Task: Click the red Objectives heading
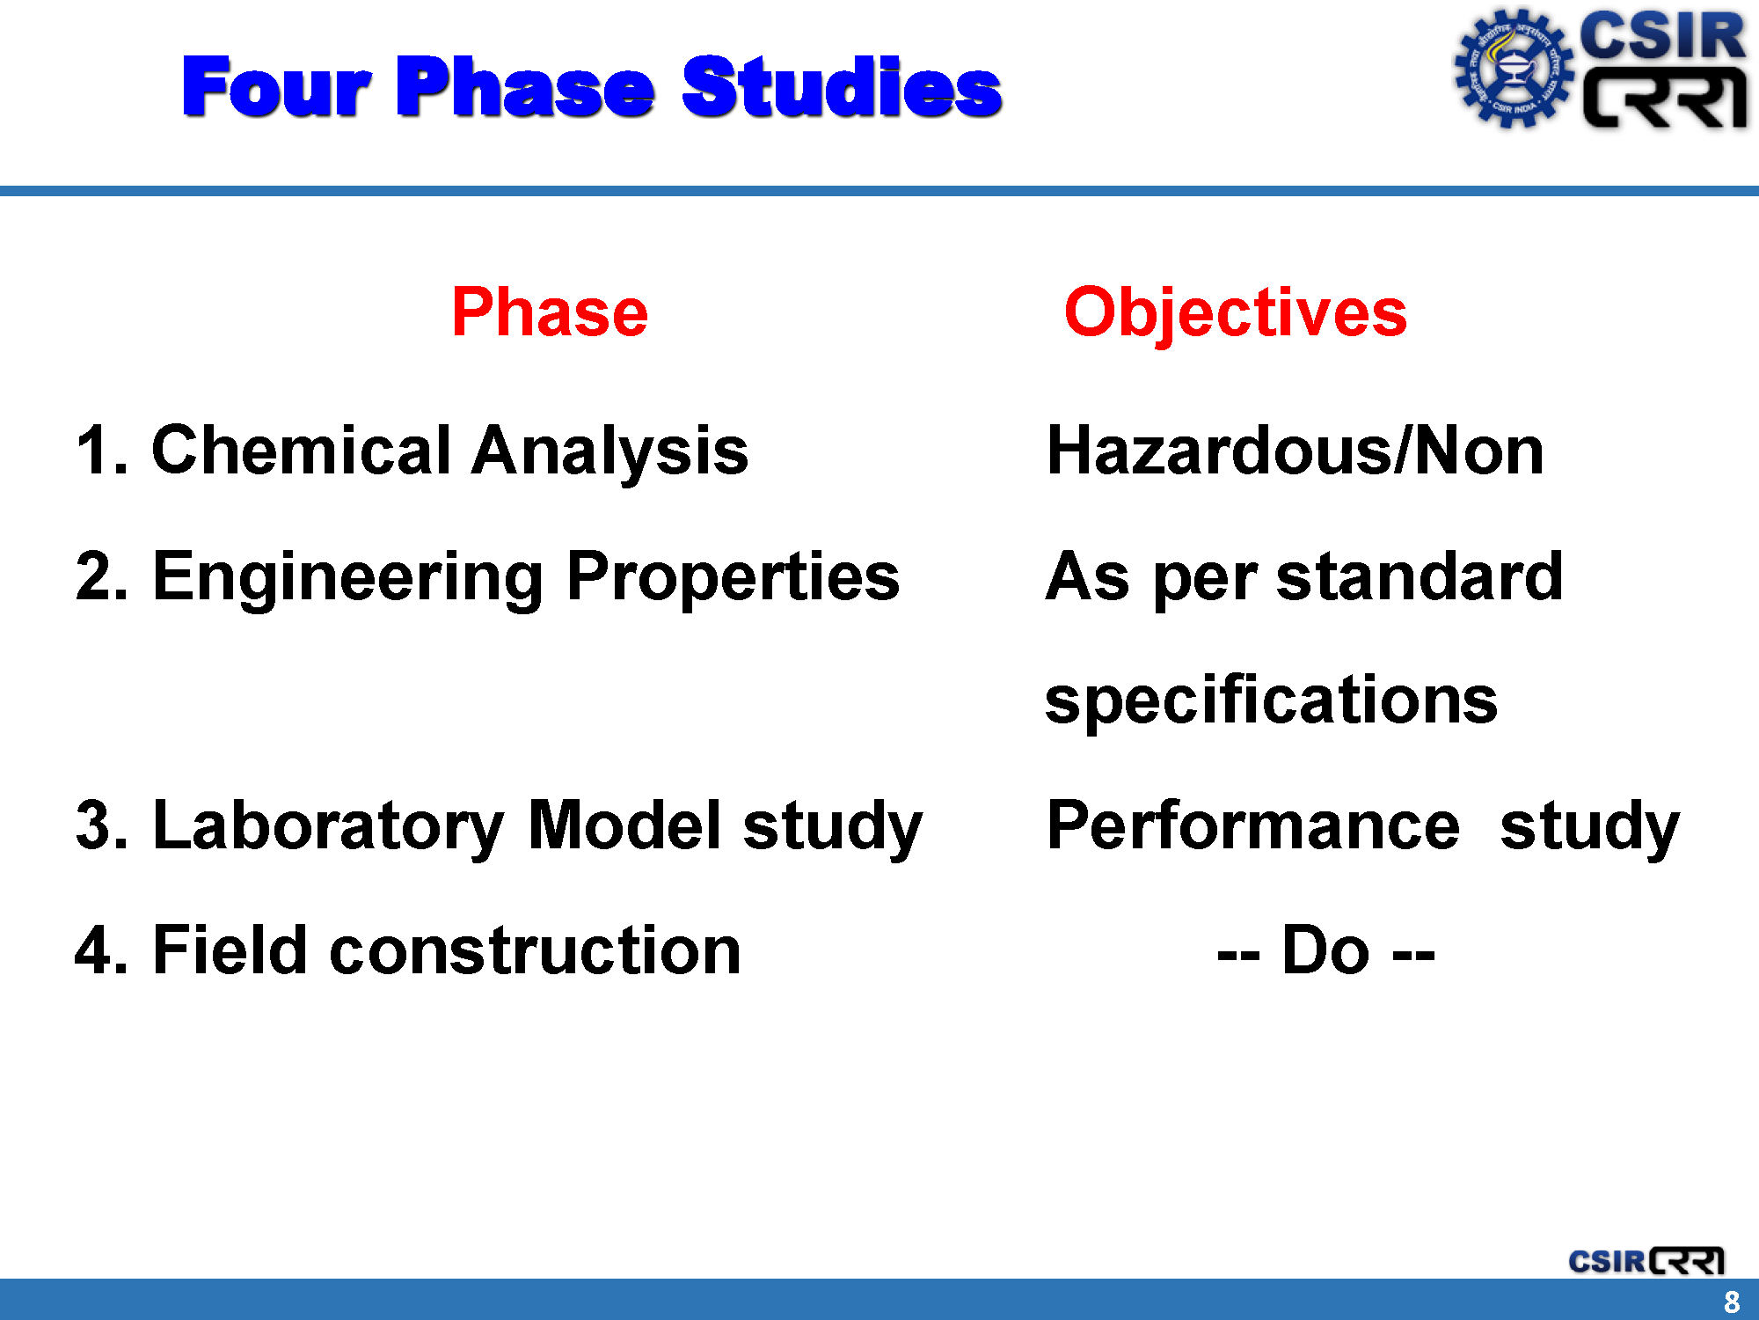tap(1236, 314)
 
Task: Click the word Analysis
tap(609, 452)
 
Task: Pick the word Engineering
tap(348, 579)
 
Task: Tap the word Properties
tap(733, 579)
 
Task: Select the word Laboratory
tap(328, 827)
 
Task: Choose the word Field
tap(230, 950)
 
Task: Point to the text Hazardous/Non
tap(1296, 450)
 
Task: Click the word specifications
tap(1272, 702)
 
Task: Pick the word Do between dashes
tap(1325, 950)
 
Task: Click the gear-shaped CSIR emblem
tap(1513, 69)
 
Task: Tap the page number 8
tap(1732, 1302)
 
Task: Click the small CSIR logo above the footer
tap(1646, 1261)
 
